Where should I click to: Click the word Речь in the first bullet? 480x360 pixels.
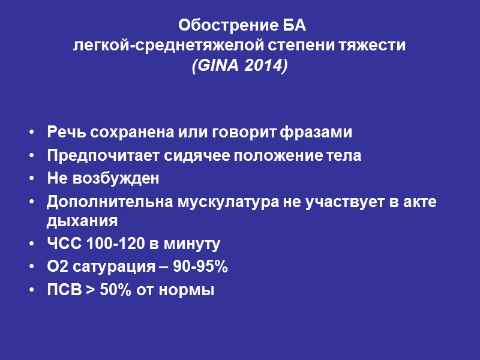coord(63,132)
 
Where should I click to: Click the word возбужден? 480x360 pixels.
coord(114,179)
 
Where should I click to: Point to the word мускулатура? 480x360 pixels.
coord(210,202)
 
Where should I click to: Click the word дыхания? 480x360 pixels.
coord(81,221)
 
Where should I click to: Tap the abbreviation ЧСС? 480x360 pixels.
coord(62,244)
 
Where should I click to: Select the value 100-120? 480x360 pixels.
coord(107,244)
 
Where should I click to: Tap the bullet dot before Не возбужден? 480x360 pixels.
coord(31,179)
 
